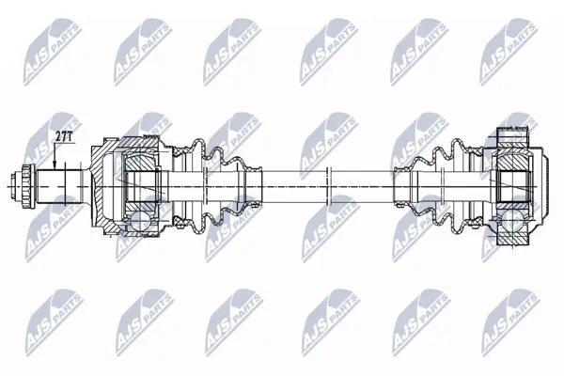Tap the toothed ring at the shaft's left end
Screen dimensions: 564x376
click(x=27, y=187)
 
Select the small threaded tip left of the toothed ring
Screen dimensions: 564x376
click(x=16, y=187)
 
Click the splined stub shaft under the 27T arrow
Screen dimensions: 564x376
click(x=58, y=187)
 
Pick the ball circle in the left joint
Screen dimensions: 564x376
click(x=141, y=222)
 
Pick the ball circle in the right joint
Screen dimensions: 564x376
click(x=512, y=220)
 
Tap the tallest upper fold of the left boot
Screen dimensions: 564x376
click(x=198, y=148)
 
